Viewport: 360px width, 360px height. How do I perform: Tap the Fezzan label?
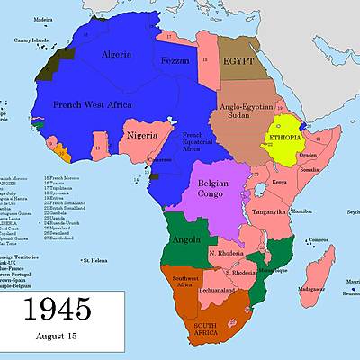point(176,59)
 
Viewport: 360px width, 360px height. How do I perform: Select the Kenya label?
point(280,182)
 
